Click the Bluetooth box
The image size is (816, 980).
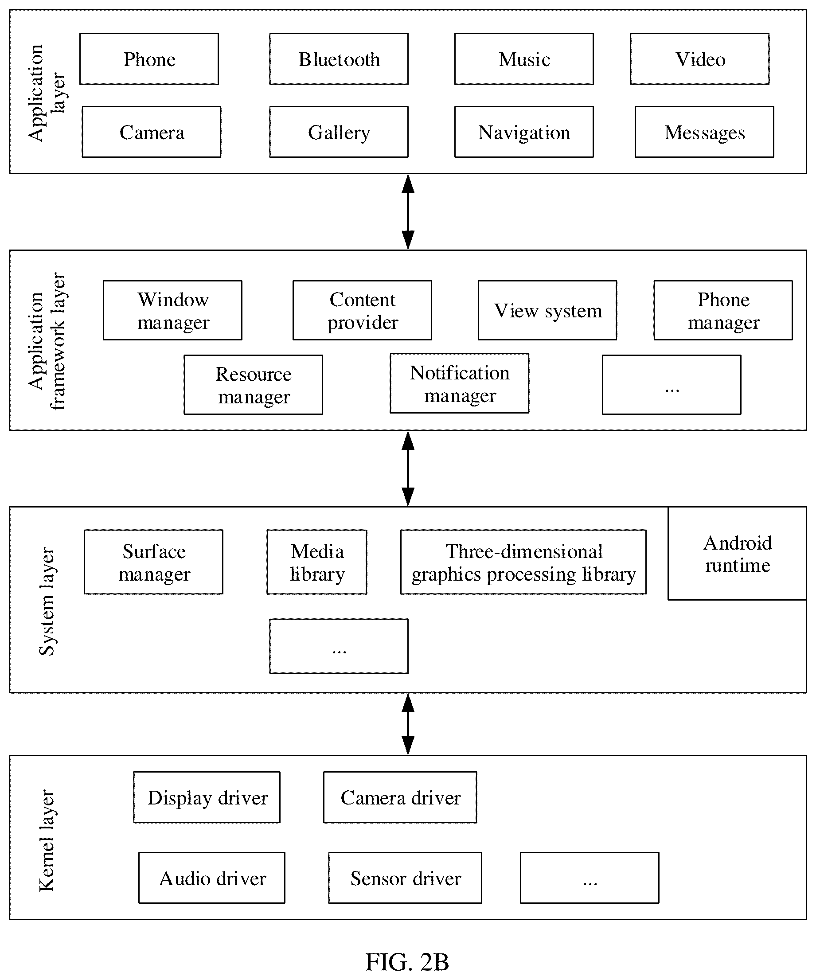click(339, 59)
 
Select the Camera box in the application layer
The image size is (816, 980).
click(152, 132)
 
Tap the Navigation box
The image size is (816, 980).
click(524, 132)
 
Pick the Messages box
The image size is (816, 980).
click(704, 132)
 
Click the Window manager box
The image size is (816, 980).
click(172, 310)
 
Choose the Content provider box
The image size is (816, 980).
click(362, 310)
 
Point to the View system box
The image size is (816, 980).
click(547, 310)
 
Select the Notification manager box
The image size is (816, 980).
click(460, 383)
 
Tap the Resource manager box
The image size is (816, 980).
click(254, 385)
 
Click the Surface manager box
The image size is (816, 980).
click(153, 562)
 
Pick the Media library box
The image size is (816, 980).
click(317, 562)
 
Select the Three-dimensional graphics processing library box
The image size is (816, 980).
click(523, 562)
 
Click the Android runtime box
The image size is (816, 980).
click(737, 554)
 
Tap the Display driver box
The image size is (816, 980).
click(207, 797)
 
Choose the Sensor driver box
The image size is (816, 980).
click(405, 878)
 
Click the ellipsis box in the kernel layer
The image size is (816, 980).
click(590, 878)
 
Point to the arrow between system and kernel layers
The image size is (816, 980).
click(408, 724)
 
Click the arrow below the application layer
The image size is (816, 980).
click(408, 212)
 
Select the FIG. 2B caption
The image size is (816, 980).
click(407, 962)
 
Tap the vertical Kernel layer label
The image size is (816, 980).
click(47, 840)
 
